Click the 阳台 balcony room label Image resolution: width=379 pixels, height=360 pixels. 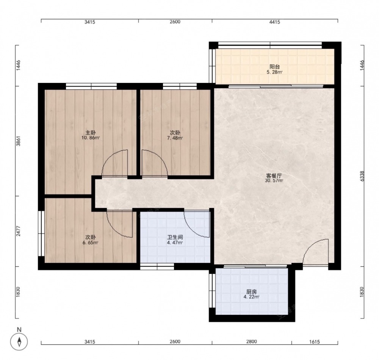pos(274,67)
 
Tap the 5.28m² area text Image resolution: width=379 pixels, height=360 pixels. pos(274,72)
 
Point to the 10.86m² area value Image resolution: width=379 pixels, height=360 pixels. pos(91,138)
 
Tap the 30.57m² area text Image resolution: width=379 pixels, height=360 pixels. pos(274,180)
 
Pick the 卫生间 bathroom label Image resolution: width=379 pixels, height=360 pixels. pos(175,237)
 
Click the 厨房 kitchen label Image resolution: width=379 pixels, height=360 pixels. pos(251,292)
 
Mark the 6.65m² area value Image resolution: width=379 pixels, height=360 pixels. pos(91,243)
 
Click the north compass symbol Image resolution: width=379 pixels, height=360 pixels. pos(19,342)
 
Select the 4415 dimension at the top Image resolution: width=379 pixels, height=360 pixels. pos(274,22)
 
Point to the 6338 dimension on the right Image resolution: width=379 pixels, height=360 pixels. pos(362,176)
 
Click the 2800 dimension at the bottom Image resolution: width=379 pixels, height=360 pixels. pos(251,342)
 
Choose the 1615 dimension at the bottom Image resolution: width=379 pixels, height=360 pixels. pos(315,342)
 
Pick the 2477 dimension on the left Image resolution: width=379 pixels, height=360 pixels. pos(18,232)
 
